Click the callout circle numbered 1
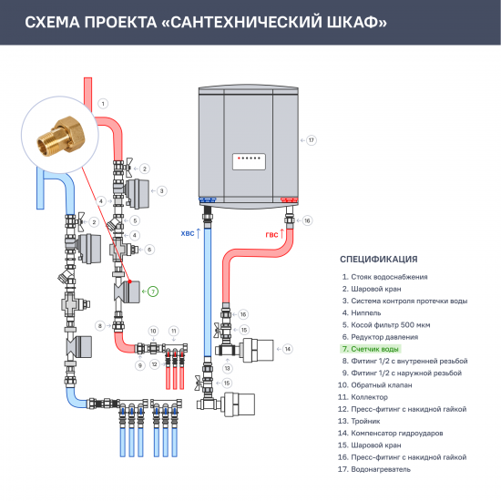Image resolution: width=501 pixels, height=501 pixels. coord(103,103)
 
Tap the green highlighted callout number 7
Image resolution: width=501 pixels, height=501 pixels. coord(153,291)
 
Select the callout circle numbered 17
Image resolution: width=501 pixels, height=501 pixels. coord(311,140)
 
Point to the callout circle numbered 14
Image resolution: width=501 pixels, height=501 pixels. coord(287,348)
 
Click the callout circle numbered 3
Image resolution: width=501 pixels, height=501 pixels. coord(161,190)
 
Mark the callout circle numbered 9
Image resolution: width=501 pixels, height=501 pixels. coord(140,364)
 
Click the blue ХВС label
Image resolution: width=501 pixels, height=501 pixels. coord(189,234)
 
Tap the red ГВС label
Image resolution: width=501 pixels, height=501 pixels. coord(271,234)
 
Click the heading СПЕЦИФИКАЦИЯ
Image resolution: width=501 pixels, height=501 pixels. coord(378,259)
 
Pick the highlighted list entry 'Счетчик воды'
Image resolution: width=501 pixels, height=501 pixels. coord(373,348)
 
